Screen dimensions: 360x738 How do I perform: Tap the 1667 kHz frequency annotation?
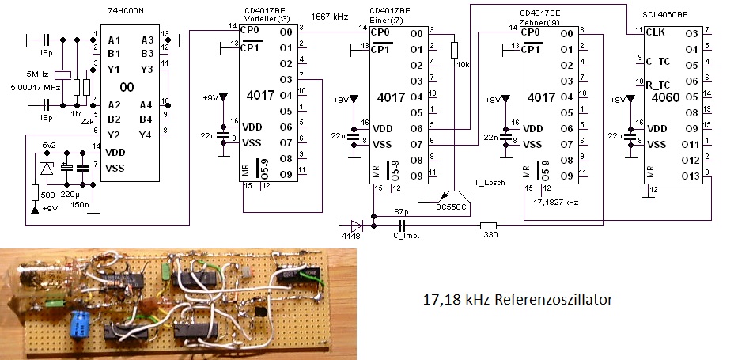click(x=331, y=17)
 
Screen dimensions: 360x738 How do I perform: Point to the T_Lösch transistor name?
click(x=488, y=183)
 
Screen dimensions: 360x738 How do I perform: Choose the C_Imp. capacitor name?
click(x=403, y=237)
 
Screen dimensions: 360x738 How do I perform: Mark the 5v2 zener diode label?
click(x=49, y=144)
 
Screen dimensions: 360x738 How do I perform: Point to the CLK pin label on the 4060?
click(x=654, y=32)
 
